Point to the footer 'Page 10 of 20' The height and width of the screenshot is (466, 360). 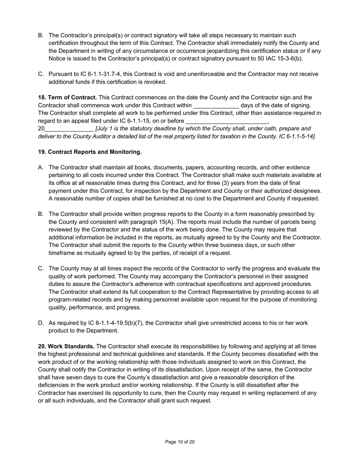point(180,442)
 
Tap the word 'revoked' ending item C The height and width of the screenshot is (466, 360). point(155,82)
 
